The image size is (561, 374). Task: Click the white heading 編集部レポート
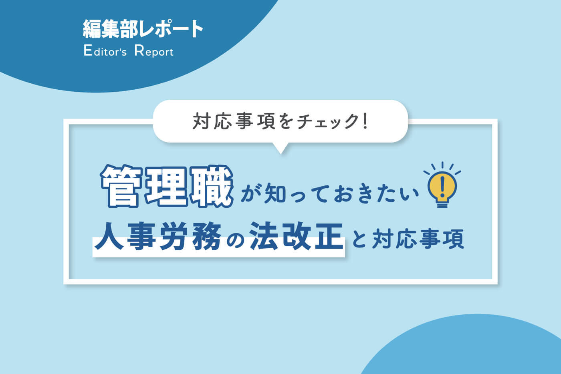click(x=143, y=29)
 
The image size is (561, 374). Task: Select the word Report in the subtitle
click(x=154, y=51)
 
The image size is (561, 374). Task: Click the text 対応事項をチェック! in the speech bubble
click(x=280, y=121)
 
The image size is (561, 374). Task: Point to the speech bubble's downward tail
click(x=281, y=148)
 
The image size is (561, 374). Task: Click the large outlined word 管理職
click(x=167, y=186)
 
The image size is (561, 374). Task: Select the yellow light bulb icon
click(x=442, y=185)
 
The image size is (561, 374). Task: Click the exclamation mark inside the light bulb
click(x=442, y=187)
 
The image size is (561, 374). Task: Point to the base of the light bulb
click(x=442, y=204)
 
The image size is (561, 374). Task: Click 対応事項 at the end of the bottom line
click(x=418, y=239)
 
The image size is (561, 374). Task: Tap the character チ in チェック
click(x=304, y=121)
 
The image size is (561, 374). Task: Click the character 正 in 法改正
click(x=328, y=236)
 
